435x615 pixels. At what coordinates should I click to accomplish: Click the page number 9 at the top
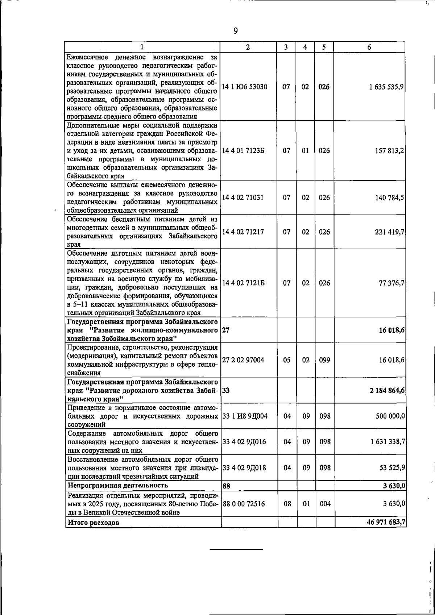coord(236,31)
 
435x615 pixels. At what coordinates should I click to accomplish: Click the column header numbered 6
coord(369,47)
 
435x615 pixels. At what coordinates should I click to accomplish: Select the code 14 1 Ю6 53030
coord(245,87)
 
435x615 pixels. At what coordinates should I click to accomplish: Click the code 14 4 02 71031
coord(243,198)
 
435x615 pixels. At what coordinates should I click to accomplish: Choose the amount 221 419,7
coord(390,232)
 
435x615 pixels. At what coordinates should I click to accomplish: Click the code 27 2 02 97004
coord(243,360)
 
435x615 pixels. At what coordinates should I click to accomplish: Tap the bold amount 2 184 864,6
coord(387,390)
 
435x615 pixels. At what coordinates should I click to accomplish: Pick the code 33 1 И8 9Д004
coord(245,416)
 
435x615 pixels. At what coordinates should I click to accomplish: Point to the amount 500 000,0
coord(390,416)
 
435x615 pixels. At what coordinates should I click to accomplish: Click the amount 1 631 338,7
coord(387,442)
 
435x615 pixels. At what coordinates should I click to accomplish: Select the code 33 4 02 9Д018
coord(244,468)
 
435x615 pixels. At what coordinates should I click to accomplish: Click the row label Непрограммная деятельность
coord(118,485)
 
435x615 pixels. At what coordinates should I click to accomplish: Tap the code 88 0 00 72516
coord(244,504)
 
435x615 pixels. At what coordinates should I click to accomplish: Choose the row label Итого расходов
coord(94,523)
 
